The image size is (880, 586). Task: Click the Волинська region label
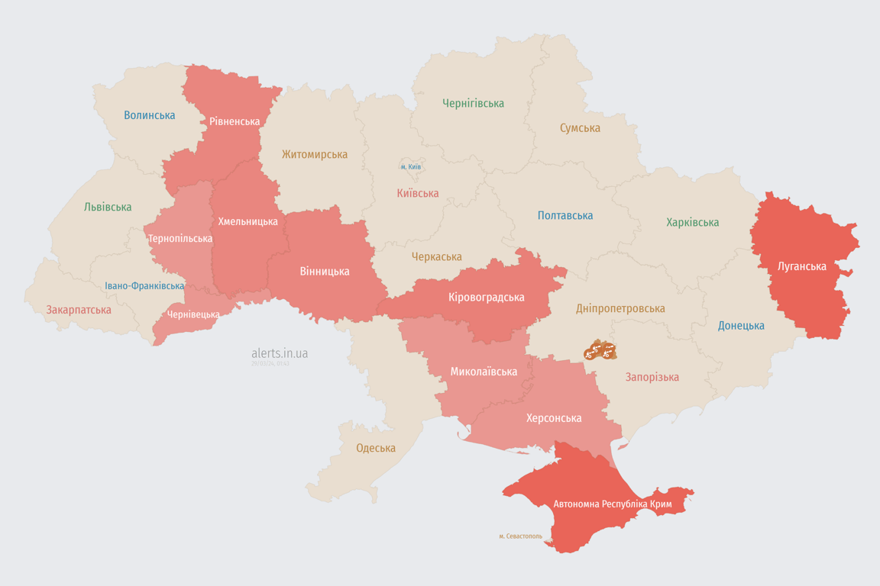pos(149,115)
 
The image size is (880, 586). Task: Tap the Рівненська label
pos(235,121)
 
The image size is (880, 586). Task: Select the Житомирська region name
pos(314,154)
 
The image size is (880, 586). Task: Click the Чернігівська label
pos(473,103)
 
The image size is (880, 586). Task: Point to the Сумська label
pos(580,128)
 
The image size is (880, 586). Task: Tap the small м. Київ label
pos(410,166)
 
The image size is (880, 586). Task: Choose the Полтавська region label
pos(565,215)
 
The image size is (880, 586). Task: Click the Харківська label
pos(692,222)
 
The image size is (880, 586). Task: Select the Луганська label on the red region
pos(801,266)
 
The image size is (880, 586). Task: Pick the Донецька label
pos(741,325)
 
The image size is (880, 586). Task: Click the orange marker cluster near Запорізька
pos(600,351)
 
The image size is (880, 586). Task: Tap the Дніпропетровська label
pos(620,308)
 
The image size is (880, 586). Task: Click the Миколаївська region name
pos(484,372)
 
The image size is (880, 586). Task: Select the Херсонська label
pos(554,417)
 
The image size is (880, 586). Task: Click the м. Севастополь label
pos(520,536)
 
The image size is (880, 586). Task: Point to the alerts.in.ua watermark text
pos(280,353)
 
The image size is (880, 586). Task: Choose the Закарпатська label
pos(79,310)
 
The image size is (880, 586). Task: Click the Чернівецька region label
pos(193,314)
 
